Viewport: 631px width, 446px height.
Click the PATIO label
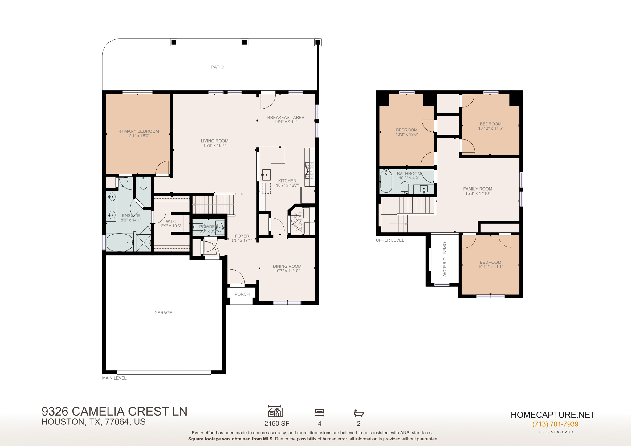pyautogui.click(x=217, y=67)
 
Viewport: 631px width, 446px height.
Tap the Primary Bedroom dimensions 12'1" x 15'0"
pyautogui.click(x=138, y=136)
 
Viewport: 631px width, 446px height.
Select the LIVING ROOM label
pyautogui.click(x=214, y=141)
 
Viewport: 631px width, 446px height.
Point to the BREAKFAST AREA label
pyautogui.click(x=286, y=117)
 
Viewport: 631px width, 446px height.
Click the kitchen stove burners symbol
pyautogui.click(x=309, y=171)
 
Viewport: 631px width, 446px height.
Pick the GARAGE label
pyautogui.click(x=163, y=312)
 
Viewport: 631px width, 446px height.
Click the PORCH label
pyautogui.click(x=242, y=294)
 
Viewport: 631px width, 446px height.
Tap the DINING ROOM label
pyautogui.click(x=287, y=266)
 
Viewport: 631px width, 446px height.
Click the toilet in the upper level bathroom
pyautogui.click(x=405, y=187)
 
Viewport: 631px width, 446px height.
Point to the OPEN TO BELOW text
pyautogui.click(x=444, y=259)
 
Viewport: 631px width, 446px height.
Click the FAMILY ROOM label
pyautogui.click(x=478, y=189)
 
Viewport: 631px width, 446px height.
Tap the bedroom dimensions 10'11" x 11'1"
pyautogui.click(x=491, y=267)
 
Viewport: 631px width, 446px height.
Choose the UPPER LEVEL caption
pyautogui.click(x=390, y=240)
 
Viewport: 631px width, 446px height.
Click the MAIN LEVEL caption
pyautogui.click(x=114, y=378)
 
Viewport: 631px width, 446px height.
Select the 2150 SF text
pyautogui.click(x=277, y=423)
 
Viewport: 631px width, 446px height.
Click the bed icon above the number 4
pyautogui.click(x=319, y=412)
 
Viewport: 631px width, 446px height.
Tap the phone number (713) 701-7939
pyautogui.click(x=555, y=424)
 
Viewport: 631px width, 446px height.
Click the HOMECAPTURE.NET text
pyautogui.click(x=553, y=415)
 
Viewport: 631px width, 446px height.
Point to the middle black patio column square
pyautogui.click(x=244, y=42)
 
